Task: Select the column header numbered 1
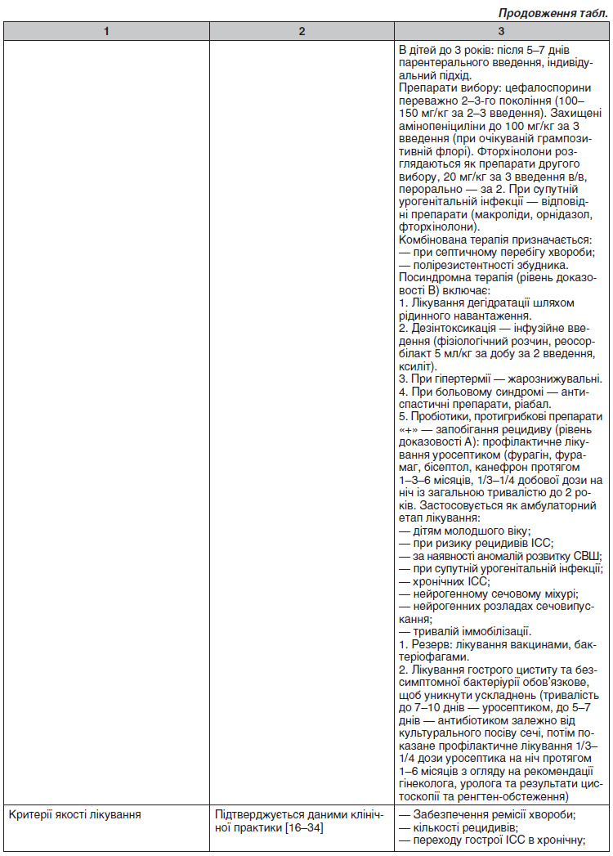click(x=106, y=31)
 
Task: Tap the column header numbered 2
click(x=302, y=31)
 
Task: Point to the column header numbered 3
click(x=501, y=31)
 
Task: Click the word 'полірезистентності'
click(x=463, y=265)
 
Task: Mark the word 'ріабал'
click(x=533, y=406)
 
